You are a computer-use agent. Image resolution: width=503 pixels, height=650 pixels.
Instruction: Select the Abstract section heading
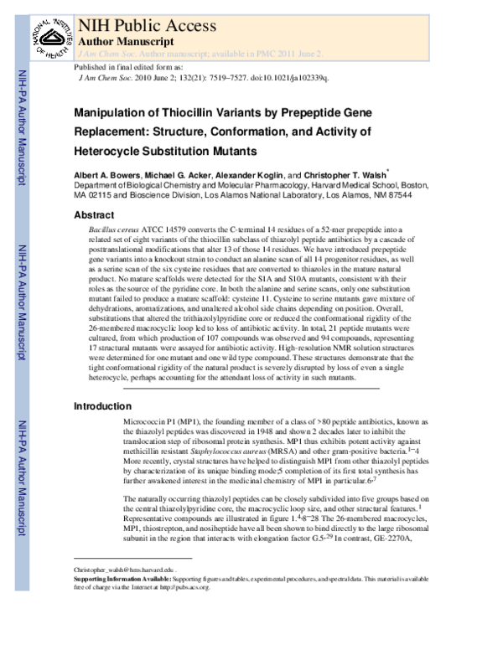[x=96, y=215]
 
